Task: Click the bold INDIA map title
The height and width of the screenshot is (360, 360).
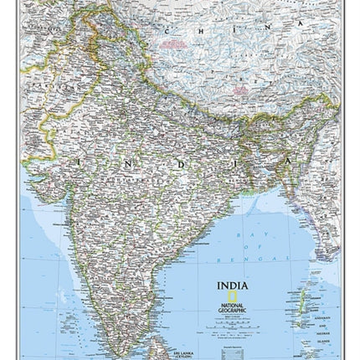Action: (x=232, y=285)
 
